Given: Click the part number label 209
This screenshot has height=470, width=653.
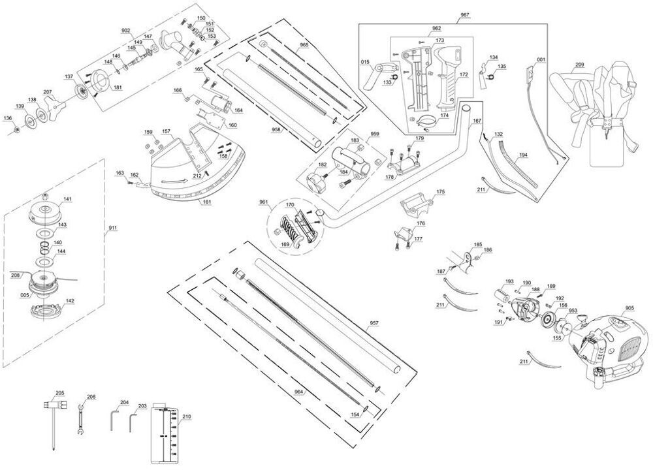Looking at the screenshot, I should point(579,64).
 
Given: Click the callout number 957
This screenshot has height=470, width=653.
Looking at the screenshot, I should point(374,323).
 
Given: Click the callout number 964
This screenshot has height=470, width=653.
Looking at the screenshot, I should point(299,391).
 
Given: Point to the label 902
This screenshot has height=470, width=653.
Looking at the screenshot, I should point(126,30).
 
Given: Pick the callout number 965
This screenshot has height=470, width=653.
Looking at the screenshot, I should point(304,45).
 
